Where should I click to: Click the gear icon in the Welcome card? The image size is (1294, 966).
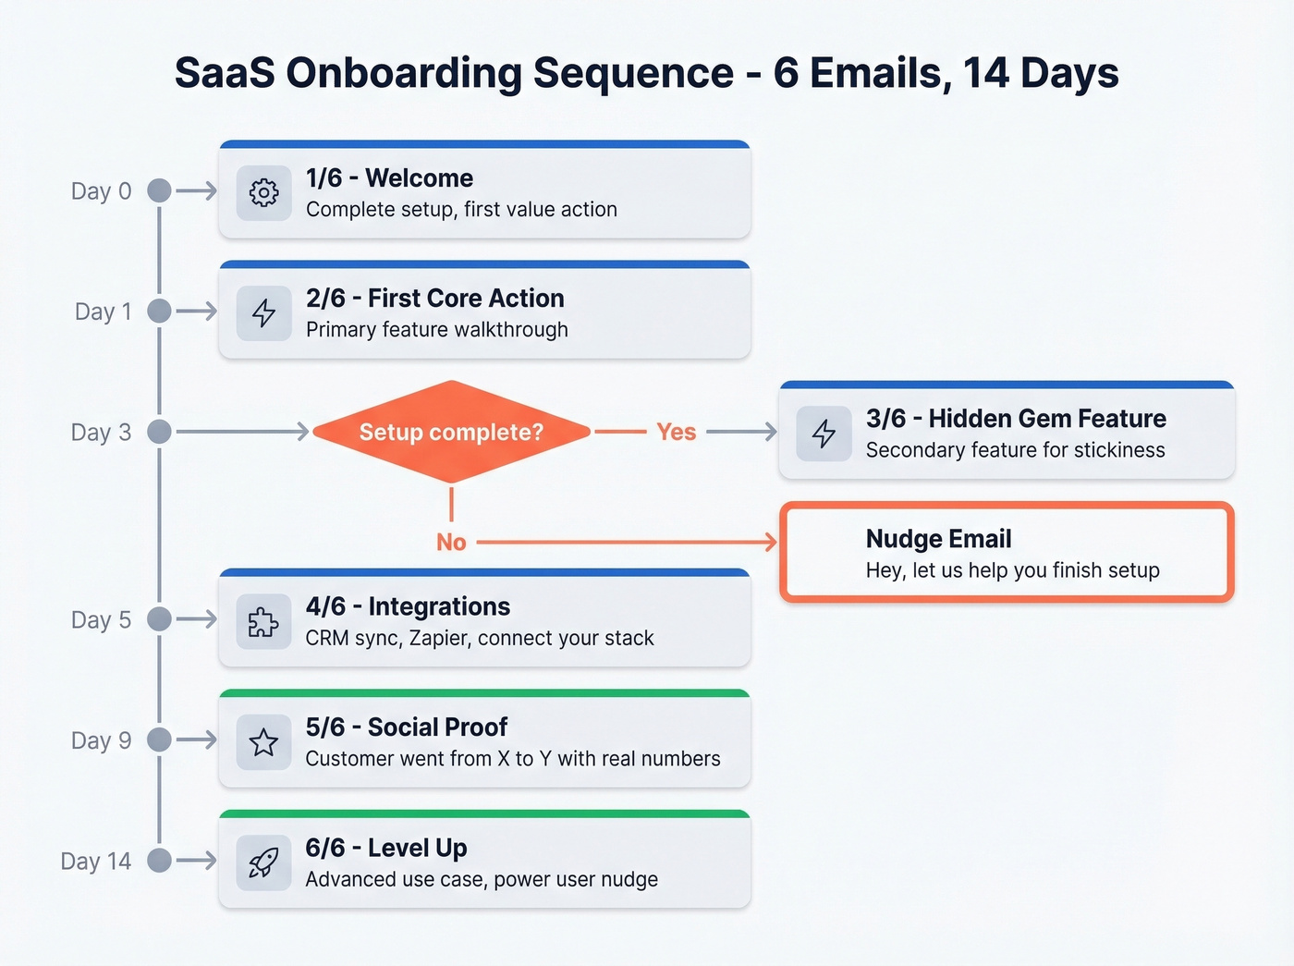pos(264,192)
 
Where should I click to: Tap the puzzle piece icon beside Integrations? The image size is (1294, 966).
pos(264,621)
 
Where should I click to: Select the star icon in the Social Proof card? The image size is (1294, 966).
pos(264,741)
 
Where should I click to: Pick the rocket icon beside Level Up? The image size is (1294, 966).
pos(264,862)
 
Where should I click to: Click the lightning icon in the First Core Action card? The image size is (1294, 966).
pos(264,312)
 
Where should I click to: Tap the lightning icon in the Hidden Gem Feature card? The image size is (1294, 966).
pos(824,433)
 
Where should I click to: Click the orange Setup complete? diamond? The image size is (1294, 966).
pos(451,432)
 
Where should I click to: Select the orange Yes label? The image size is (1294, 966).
pos(676,432)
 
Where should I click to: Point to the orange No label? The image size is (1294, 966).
pos(451,542)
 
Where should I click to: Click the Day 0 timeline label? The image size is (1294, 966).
pos(102,191)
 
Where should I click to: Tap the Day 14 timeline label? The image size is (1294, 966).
pos(96,862)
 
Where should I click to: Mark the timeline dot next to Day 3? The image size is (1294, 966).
pos(160,432)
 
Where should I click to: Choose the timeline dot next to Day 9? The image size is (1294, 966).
pos(160,740)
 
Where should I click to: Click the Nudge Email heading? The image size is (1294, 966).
pos(938,539)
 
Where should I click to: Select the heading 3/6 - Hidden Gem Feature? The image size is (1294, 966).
pos(1016,419)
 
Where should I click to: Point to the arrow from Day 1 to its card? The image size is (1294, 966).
pos(196,312)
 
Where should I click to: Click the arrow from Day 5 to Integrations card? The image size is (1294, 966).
pos(196,619)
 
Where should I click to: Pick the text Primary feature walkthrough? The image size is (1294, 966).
pos(436,330)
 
